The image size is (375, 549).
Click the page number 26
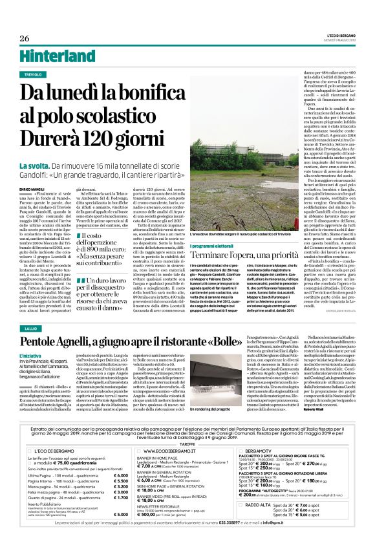pos(25,39)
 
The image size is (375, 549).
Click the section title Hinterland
pos(57,56)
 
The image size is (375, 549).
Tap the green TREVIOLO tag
pos(33,75)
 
